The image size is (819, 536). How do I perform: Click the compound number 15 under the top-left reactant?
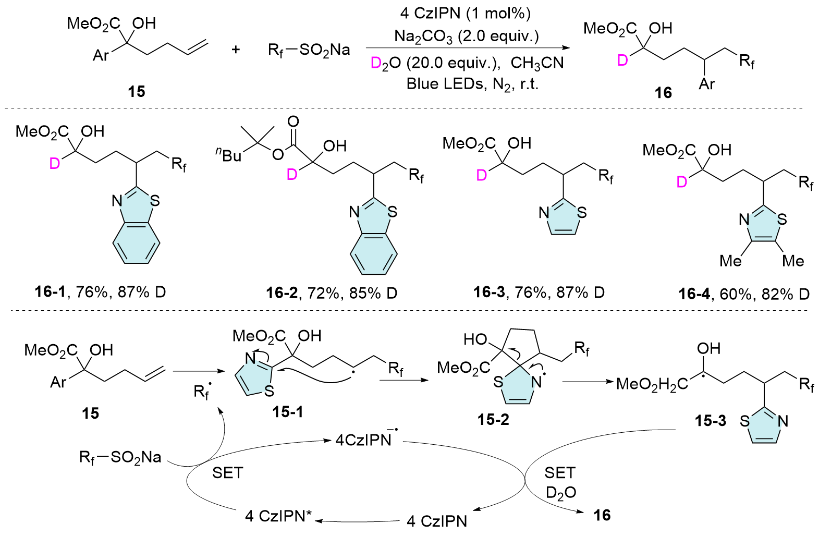(136, 91)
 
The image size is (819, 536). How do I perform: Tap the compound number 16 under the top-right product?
(663, 93)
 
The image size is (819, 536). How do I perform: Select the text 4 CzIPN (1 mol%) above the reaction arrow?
(466, 13)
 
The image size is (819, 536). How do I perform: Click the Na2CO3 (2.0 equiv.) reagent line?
(466, 36)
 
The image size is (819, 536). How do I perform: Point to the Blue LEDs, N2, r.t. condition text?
(472, 84)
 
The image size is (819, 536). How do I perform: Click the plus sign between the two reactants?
(236, 50)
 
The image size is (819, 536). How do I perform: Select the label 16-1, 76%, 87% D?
(100, 292)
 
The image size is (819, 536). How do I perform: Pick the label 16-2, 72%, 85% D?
(332, 293)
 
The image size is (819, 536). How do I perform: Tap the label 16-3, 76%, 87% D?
(539, 292)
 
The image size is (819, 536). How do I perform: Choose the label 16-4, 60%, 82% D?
(744, 294)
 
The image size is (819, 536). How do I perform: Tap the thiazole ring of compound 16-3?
(563, 217)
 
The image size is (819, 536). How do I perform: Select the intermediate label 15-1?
(287, 412)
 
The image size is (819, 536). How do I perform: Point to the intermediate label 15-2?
(493, 419)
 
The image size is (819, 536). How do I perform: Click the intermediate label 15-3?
(710, 421)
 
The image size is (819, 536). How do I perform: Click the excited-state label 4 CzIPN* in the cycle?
(278, 516)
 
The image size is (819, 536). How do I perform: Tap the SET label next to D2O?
(560, 473)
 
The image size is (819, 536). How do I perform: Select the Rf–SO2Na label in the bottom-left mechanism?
(120, 457)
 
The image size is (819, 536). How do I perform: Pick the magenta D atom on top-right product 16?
(622, 61)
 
